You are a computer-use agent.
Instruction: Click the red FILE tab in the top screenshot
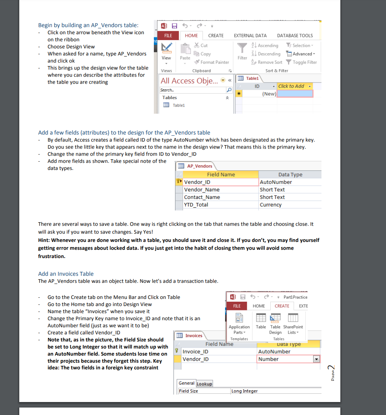click(x=168, y=35)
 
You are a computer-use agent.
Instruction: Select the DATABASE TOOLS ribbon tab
click(x=295, y=35)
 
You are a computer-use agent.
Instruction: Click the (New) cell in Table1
click(x=269, y=94)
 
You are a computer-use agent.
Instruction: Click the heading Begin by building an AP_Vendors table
click(x=88, y=25)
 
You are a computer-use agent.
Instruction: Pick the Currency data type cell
click(x=271, y=205)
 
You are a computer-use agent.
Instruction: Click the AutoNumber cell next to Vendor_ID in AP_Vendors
click(x=276, y=182)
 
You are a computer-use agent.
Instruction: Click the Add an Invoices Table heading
click(x=66, y=274)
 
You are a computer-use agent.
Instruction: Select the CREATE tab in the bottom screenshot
click(x=282, y=306)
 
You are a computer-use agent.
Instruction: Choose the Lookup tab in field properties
click(x=204, y=384)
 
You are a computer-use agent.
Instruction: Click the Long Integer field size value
click(x=244, y=391)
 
